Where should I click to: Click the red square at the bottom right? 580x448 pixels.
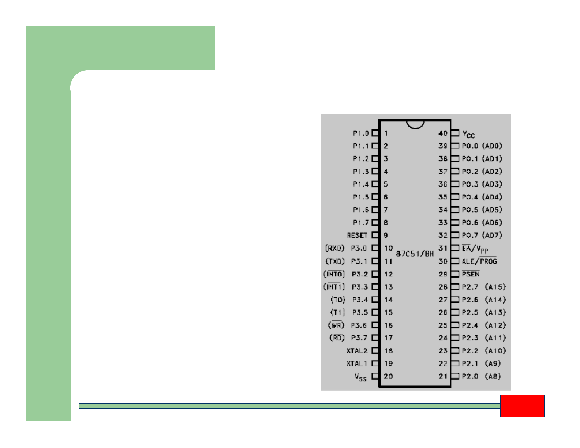(x=522, y=406)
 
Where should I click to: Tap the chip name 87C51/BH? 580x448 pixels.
(x=415, y=253)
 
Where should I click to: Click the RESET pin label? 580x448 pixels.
(x=357, y=235)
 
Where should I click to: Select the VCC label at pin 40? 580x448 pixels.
(x=468, y=134)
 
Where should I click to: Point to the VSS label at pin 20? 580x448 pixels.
(x=360, y=377)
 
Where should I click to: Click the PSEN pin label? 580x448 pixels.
(x=471, y=274)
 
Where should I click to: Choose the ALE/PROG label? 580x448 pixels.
(x=480, y=261)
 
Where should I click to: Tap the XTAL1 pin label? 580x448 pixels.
(x=357, y=364)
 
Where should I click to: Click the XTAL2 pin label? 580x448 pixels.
(x=357, y=351)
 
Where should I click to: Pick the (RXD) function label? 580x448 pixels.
(x=335, y=248)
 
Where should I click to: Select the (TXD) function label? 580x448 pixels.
(x=335, y=261)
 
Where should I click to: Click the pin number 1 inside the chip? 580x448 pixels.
(x=386, y=133)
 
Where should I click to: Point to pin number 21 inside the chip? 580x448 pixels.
(x=443, y=376)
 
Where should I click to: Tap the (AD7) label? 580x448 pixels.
(x=492, y=235)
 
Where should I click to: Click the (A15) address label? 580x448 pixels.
(x=495, y=287)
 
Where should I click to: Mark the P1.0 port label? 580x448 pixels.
(x=361, y=133)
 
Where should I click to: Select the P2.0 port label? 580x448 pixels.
(x=470, y=376)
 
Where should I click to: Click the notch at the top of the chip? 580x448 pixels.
(x=415, y=125)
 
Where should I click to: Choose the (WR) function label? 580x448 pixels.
(x=336, y=325)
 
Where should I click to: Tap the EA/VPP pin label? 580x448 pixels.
(x=475, y=249)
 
